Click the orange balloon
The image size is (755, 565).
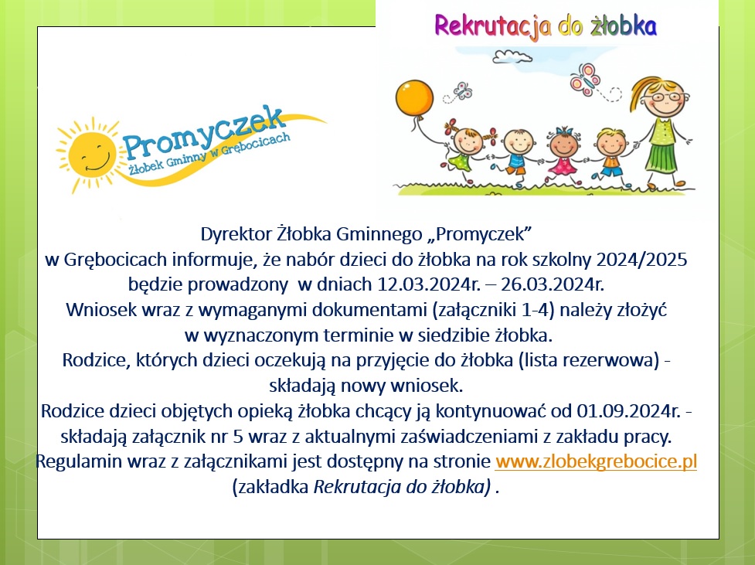(x=415, y=97)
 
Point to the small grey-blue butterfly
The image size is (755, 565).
(x=462, y=91)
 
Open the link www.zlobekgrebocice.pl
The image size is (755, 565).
(x=596, y=462)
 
